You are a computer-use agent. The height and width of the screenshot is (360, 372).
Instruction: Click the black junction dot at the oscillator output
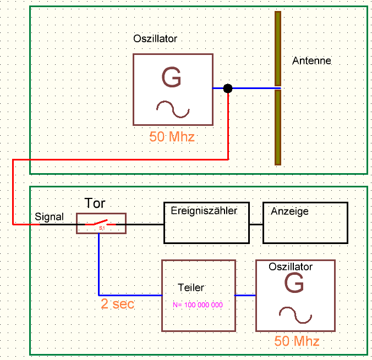(228, 88)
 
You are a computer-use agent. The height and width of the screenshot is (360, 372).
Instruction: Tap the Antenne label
(311, 60)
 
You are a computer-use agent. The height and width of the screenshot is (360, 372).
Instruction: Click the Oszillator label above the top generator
(155, 39)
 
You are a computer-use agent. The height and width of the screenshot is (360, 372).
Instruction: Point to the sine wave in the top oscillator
(173, 109)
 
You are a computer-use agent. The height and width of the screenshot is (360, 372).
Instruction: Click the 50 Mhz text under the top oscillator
(172, 136)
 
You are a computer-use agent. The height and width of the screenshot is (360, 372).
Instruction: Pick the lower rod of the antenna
(278, 127)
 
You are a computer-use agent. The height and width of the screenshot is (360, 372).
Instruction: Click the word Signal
(49, 217)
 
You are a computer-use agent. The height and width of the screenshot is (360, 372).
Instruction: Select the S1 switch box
(101, 224)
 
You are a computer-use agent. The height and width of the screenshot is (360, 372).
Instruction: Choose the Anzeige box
(305, 223)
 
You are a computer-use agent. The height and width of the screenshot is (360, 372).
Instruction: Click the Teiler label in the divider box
(192, 287)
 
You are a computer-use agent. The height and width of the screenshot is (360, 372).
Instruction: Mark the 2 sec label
(117, 304)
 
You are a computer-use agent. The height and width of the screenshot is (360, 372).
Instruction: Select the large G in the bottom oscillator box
(294, 284)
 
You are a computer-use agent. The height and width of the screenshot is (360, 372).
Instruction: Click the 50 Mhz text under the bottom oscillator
(297, 341)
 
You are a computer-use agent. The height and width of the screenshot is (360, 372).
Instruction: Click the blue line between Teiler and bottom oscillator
(245, 295)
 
